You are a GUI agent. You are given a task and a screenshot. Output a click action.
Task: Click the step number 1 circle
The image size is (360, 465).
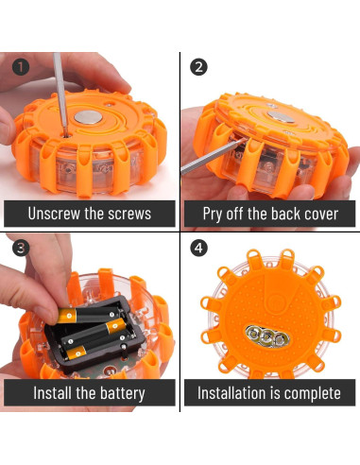tap(21, 67)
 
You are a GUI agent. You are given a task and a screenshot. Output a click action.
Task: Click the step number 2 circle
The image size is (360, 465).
tap(198, 67)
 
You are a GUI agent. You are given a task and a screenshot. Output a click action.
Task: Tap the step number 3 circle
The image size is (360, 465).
tap(21, 248)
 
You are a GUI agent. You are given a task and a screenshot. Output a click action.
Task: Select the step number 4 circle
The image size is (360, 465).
tap(198, 248)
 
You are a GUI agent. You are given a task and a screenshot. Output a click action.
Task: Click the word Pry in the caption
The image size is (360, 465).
tap(213, 215)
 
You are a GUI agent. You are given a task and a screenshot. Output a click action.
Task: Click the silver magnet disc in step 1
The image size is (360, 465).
tap(88, 117)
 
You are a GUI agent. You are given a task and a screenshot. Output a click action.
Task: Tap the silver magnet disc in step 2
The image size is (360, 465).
tap(280, 116)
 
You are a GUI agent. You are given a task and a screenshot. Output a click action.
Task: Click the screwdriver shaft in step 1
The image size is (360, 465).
tap(60, 94)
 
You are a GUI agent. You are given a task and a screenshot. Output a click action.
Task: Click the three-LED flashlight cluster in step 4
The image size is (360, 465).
tap(266, 336)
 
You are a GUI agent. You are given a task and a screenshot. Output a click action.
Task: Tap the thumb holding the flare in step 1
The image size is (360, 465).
tap(7, 126)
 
